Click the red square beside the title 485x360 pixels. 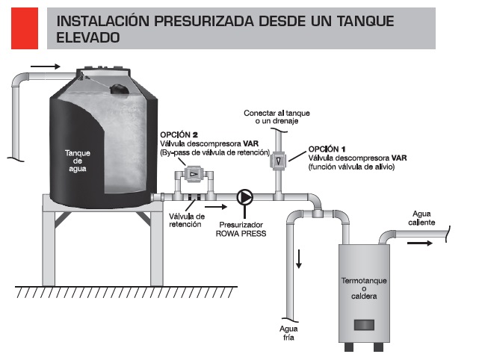(25, 28)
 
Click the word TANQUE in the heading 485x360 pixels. (365, 21)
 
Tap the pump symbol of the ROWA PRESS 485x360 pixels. (245, 197)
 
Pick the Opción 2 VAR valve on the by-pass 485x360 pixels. (194, 174)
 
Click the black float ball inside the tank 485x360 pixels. (120, 89)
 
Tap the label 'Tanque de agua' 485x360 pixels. (78, 161)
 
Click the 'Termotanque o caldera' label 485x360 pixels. (364, 288)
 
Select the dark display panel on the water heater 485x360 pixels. (364, 325)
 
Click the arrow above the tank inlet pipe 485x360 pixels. (45, 66)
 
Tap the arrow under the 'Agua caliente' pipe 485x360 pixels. (420, 243)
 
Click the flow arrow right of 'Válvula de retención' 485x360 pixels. (216, 207)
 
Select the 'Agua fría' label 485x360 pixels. (288, 333)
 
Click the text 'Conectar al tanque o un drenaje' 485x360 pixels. (277, 117)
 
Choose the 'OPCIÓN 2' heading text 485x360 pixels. (179, 134)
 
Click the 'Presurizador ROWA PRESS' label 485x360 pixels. (241, 229)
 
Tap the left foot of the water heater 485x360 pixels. (348, 347)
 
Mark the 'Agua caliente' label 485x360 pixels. (421, 218)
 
